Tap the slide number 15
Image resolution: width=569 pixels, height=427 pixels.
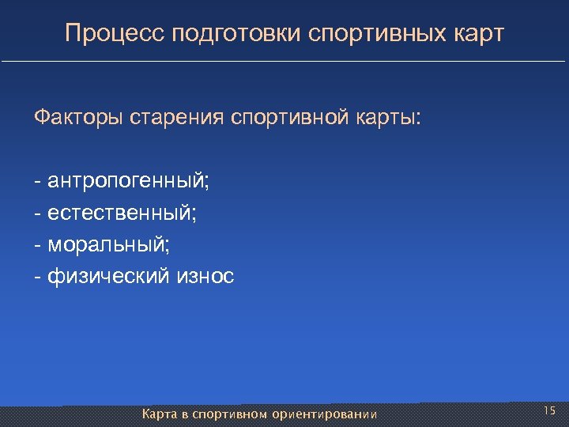(550, 410)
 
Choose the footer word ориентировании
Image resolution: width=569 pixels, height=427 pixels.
(324, 414)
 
